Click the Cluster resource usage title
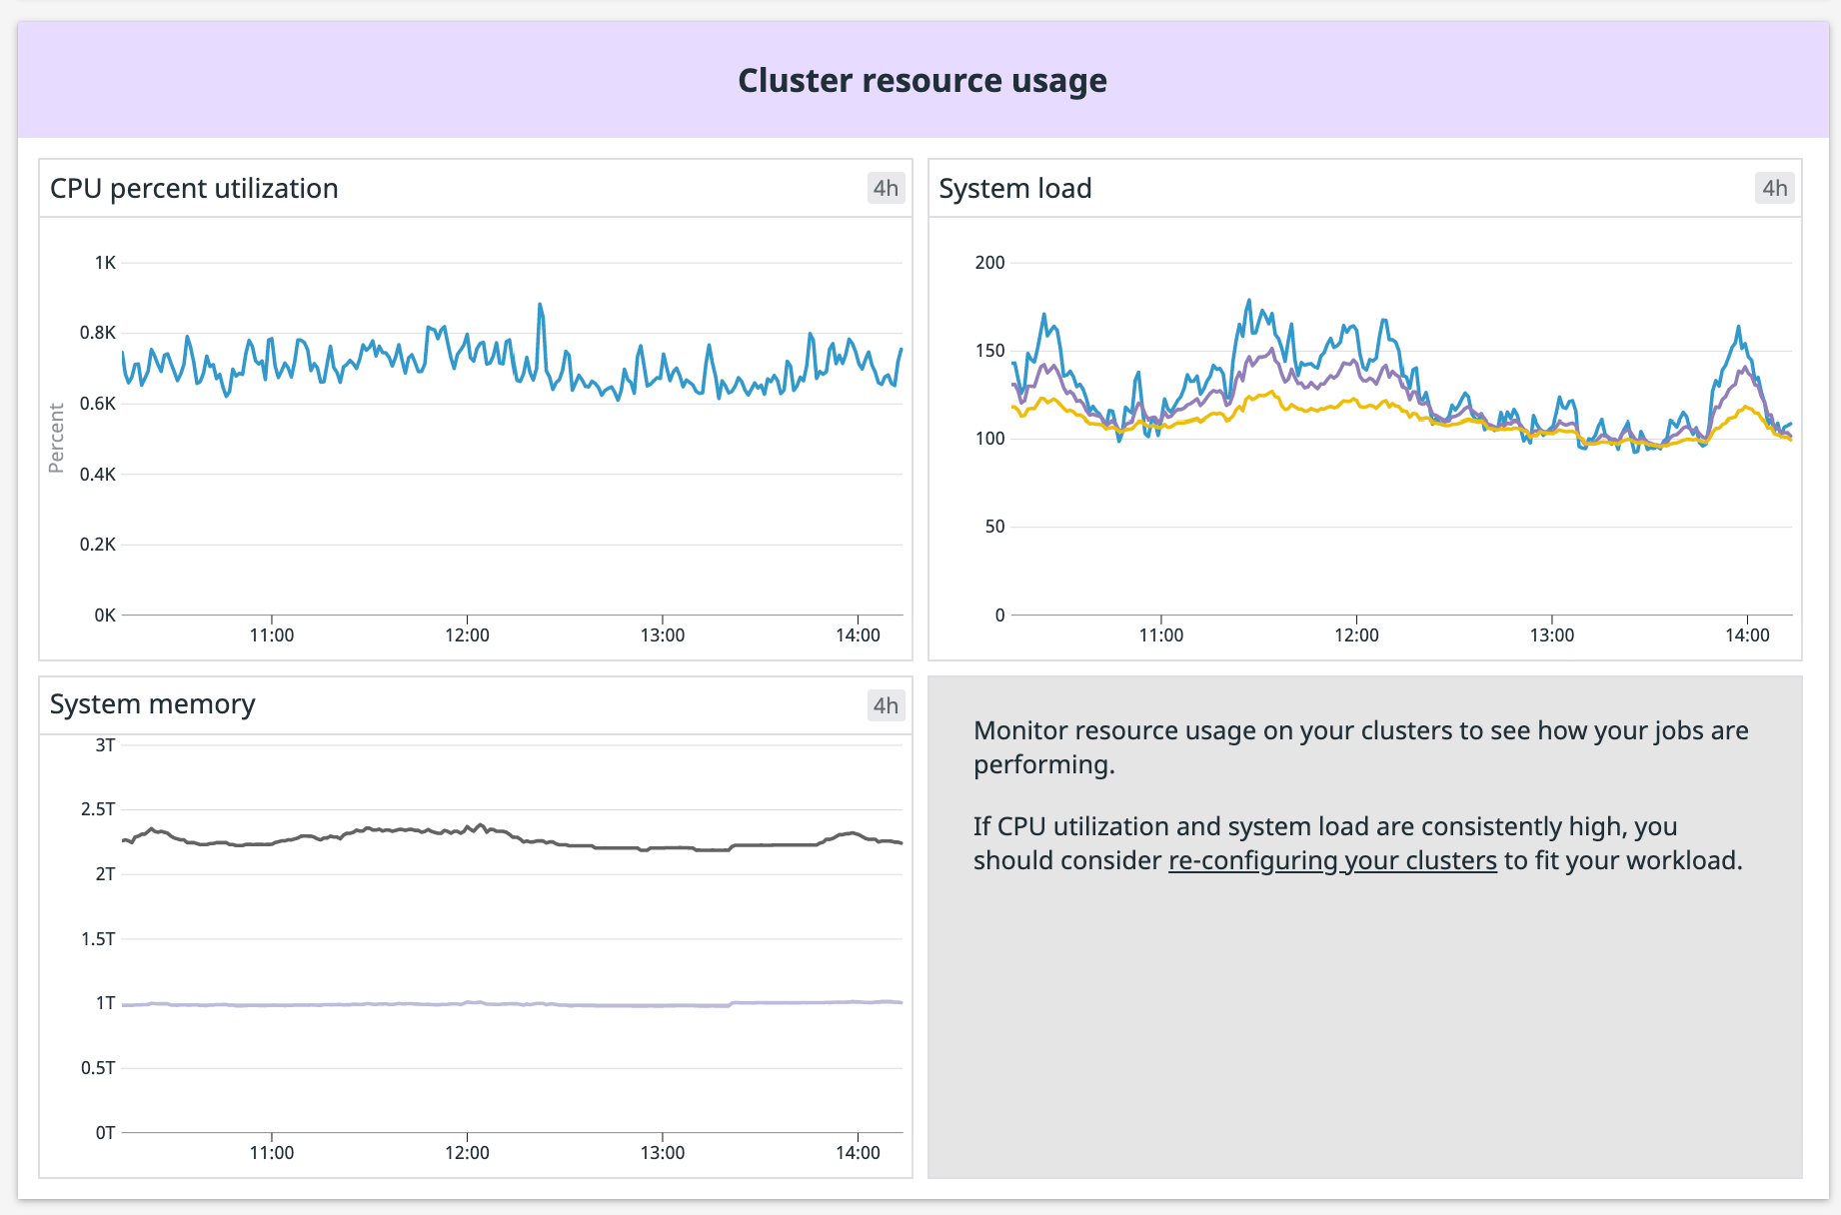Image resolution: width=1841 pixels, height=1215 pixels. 921,81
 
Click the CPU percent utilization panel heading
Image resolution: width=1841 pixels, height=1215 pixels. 194,189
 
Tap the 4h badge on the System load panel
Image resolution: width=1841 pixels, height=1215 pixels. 1774,189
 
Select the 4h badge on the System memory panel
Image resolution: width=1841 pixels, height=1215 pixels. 885,705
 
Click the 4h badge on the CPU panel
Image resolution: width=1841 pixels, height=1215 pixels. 885,189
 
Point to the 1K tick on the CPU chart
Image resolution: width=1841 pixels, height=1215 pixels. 104,263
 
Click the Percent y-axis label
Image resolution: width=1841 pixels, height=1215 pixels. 57,438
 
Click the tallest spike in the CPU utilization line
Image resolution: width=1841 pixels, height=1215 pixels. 540,306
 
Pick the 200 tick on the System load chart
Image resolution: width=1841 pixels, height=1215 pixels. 989,263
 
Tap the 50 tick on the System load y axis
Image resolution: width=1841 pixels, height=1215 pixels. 994,527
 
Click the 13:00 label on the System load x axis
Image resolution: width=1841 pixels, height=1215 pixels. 1551,635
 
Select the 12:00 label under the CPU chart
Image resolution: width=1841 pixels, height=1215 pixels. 467,635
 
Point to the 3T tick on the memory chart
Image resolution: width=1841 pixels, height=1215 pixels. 105,745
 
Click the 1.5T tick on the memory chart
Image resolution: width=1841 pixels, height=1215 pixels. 98,939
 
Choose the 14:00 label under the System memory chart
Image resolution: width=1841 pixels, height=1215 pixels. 858,1153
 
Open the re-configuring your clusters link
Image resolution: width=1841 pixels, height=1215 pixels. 1332,861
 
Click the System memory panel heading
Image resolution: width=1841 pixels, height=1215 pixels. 152,704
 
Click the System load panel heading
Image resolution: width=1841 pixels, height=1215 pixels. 1014,189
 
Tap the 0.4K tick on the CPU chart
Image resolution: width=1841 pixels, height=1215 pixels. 98,475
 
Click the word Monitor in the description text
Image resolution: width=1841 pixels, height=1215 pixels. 1019,731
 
